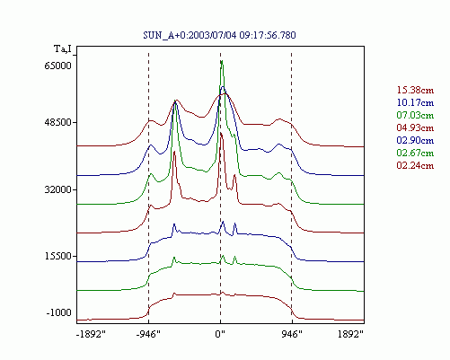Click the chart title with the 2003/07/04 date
(x=219, y=35)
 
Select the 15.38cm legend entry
(x=415, y=90)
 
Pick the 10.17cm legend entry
(x=415, y=102)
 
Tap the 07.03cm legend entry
(x=415, y=115)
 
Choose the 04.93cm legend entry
(x=415, y=127)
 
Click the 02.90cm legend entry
(x=415, y=140)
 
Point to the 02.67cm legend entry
(x=415, y=153)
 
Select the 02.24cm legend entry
(x=415, y=165)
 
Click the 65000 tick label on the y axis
(x=57, y=66)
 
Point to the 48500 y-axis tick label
(x=57, y=122)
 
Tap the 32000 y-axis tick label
(x=57, y=189)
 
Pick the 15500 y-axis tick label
(x=57, y=256)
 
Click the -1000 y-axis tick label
(x=59, y=312)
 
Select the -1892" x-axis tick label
(x=91, y=334)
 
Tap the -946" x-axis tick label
(x=148, y=334)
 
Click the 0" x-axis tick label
(x=220, y=334)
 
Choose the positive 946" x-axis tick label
(x=292, y=334)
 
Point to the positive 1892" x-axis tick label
(x=350, y=334)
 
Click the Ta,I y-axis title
(x=63, y=48)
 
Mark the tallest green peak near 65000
(x=222, y=61)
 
